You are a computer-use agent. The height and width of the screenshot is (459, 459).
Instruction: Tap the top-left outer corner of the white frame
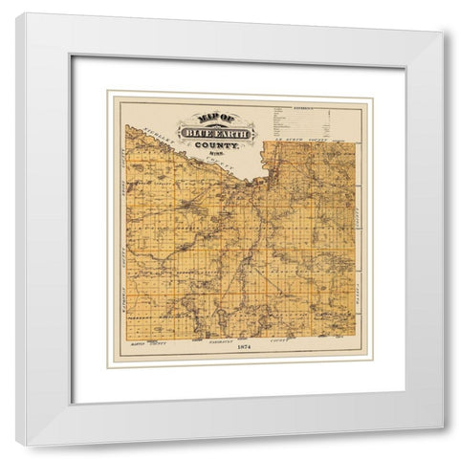[x=16, y=13]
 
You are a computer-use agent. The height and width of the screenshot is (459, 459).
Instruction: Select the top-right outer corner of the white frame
[x=445, y=33]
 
